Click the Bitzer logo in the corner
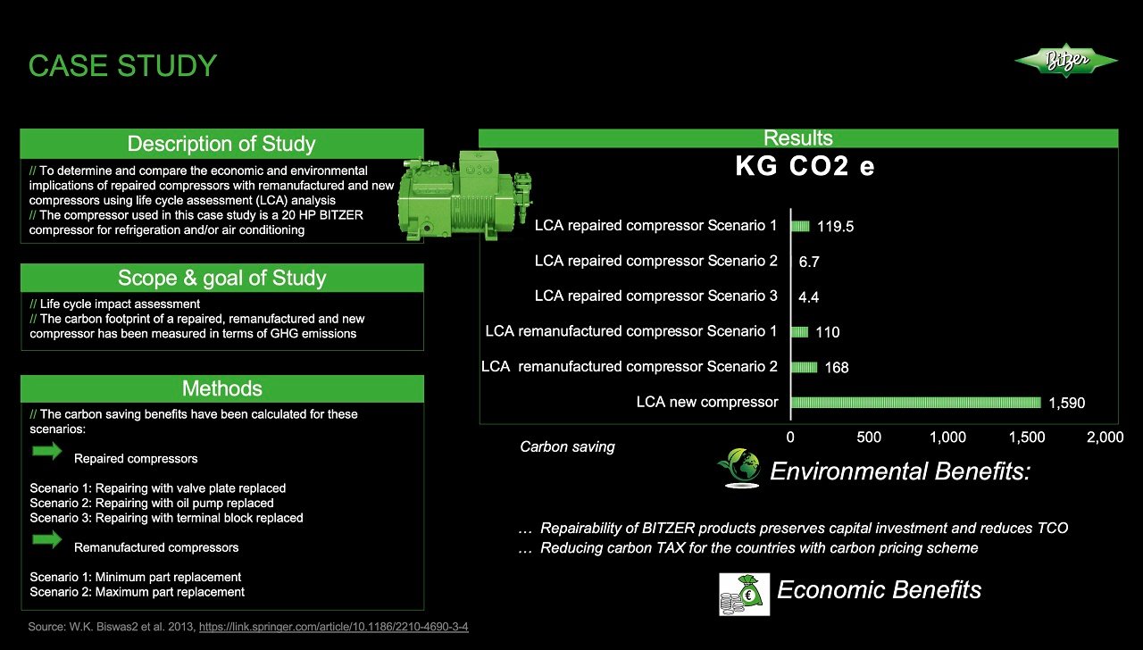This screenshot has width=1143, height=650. click(x=1065, y=61)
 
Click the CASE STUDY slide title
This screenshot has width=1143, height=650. click(x=122, y=66)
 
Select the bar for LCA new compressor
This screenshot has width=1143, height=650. click(x=915, y=403)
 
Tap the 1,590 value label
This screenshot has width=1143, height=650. click(x=1066, y=404)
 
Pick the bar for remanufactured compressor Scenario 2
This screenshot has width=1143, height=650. click(x=804, y=367)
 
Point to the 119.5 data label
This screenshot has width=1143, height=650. click(x=835, y=227)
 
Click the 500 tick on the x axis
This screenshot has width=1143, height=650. click(x=869, y=437)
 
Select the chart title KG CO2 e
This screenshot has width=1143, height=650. click(x=805, y=167)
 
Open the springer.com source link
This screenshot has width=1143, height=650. click(x=333, y=627)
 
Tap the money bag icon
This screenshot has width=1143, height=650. click(x=744, y=594)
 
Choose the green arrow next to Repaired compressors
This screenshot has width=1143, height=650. click(x=46, y=452)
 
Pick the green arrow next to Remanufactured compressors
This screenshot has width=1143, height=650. click(x=46, y=540)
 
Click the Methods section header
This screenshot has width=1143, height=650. click(x=221, y=388)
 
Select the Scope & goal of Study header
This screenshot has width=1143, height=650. click(x=221, y=278)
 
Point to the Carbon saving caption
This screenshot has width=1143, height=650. click(x=567, y=446)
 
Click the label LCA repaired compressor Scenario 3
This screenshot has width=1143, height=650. click(x=655, y=296)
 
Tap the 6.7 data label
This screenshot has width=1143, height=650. click(x=808, y=262)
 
